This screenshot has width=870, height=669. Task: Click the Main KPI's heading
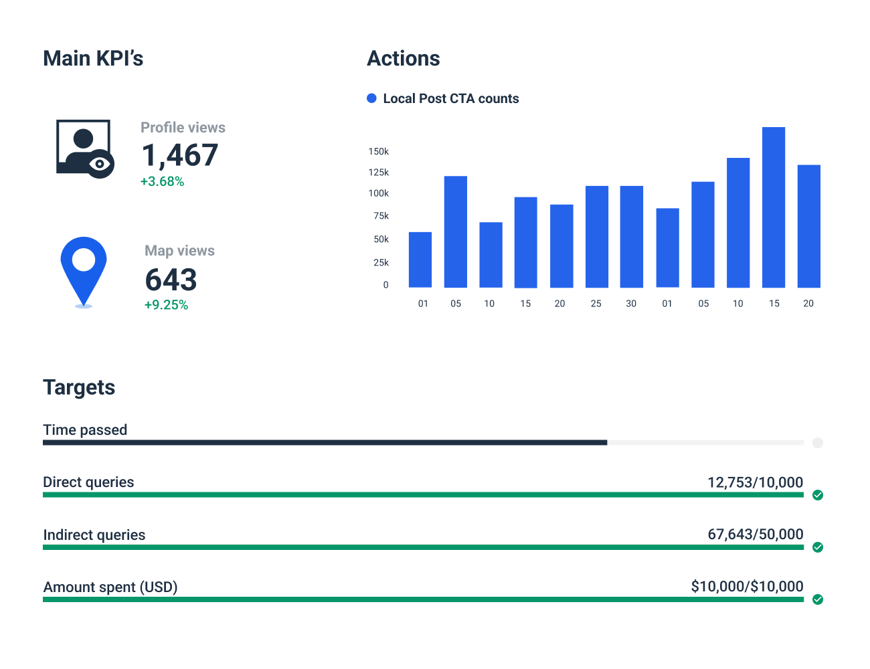click(93, 59)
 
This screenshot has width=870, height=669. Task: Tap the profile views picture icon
click(84, 149)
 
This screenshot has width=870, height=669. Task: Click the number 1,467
click(179, 155)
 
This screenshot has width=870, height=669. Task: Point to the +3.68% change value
click(162, 181)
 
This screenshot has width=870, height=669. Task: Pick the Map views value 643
click(171, 280)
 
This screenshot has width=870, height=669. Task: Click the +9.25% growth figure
click(166, 305)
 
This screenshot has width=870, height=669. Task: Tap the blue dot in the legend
click(372, 98)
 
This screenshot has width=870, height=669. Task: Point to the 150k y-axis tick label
click(378, 152)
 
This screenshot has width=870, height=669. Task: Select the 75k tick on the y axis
click(381, 216)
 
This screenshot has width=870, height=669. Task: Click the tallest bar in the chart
click(774, 207)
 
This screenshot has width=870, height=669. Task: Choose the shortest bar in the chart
click(420, 260)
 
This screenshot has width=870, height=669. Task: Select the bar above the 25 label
click(597, 237)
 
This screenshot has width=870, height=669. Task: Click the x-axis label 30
click(631, 304)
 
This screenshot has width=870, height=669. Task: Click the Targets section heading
click(79, 387)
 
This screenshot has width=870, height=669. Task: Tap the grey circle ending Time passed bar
click(818, 443)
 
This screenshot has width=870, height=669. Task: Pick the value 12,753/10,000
click(755, 482)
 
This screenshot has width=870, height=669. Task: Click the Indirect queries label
click(94, 535)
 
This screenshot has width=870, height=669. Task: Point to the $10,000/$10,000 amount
click(747, 587)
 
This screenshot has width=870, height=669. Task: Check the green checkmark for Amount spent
click(818, 599)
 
